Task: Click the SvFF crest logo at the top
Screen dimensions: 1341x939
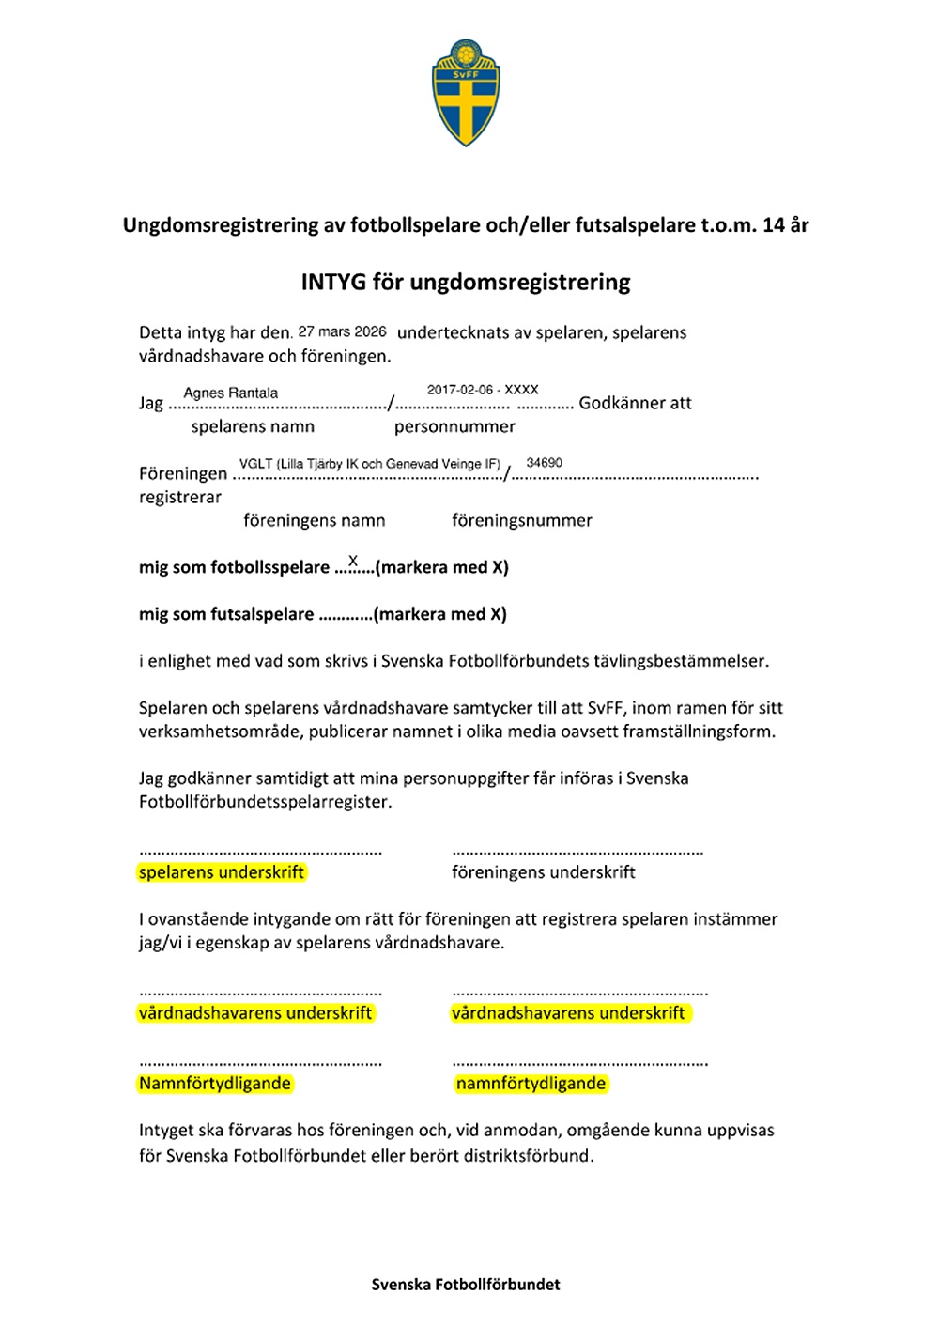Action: pyautogui.click(x=466, y=92)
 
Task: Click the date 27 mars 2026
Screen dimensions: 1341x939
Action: pyautogui.click(x=342, y=331)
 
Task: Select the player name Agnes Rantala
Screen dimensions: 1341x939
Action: pyautogui.click(x=230, y=393)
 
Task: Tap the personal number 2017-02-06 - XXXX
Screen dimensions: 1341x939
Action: pyautogui.click(x=483, y=389)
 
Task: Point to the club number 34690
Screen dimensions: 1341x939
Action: pyautogui.click(x=545, y=462)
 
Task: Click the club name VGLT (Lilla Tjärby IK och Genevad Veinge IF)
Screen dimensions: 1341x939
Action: pyautogui.click(x=370, y=464)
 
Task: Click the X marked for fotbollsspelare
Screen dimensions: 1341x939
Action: pyautogui.click(x=353, y=561)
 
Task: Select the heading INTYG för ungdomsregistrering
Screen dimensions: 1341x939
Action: pyautogui.click(x=466, y=282)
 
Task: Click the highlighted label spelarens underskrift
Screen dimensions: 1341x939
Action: pyautogui.click(x=222, y=872)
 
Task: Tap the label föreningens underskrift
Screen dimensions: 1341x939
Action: pyautogui.click(x=544, y=872)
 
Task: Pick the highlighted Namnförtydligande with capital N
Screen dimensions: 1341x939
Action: pyautogui.click(x=215, y=1084)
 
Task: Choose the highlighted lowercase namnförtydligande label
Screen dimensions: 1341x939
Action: pyautogui.click(x=531, y=1084)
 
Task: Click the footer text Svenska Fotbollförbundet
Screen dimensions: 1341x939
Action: pyautogui.click(x=466, y=1285)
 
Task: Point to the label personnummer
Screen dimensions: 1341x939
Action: pyautogui.click(x=454, y=426)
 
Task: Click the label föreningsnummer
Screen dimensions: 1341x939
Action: pyautogui.click(x=522, y=520)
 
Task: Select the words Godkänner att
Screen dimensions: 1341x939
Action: pyautogui.click(x=635, y=403)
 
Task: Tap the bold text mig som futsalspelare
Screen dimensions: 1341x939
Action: pyautogui.click(x=226, y=614)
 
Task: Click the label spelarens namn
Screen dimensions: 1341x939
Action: pyautogui.click(x=253, y=426)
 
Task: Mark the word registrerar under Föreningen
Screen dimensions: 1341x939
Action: pyautogui.click(x=180, y=497)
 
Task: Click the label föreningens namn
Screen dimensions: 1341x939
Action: pyautogui.click(x=315, y=520)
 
